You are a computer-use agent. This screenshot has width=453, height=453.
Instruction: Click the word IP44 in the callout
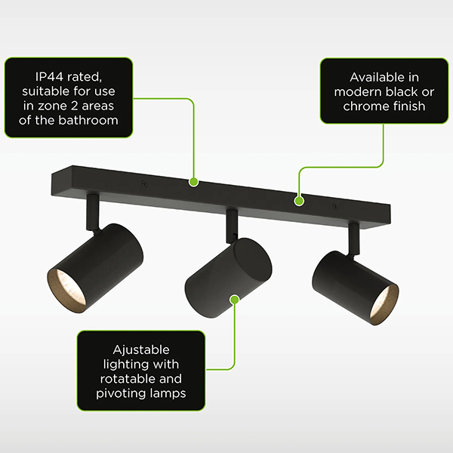point(49,77)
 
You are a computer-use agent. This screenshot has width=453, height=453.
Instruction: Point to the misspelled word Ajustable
point(141,350)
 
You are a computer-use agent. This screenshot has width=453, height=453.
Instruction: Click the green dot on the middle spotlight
point(235,300)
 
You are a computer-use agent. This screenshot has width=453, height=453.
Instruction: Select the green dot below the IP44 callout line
point(193,182)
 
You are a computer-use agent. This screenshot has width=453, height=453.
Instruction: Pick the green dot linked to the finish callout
point(299,201)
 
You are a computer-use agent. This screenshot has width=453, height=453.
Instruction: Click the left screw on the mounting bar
point(144,183)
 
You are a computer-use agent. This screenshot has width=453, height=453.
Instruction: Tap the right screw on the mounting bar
point(335,206)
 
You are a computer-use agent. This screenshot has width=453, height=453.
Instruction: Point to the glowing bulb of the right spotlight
point(384,306)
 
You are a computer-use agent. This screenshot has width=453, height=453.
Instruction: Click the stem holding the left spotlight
point(93,212)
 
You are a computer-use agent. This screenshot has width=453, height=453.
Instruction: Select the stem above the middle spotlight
point(232,226)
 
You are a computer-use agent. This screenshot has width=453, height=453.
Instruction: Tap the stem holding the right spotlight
point(354,239)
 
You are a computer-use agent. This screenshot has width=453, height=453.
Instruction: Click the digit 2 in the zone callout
point(74,106)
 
